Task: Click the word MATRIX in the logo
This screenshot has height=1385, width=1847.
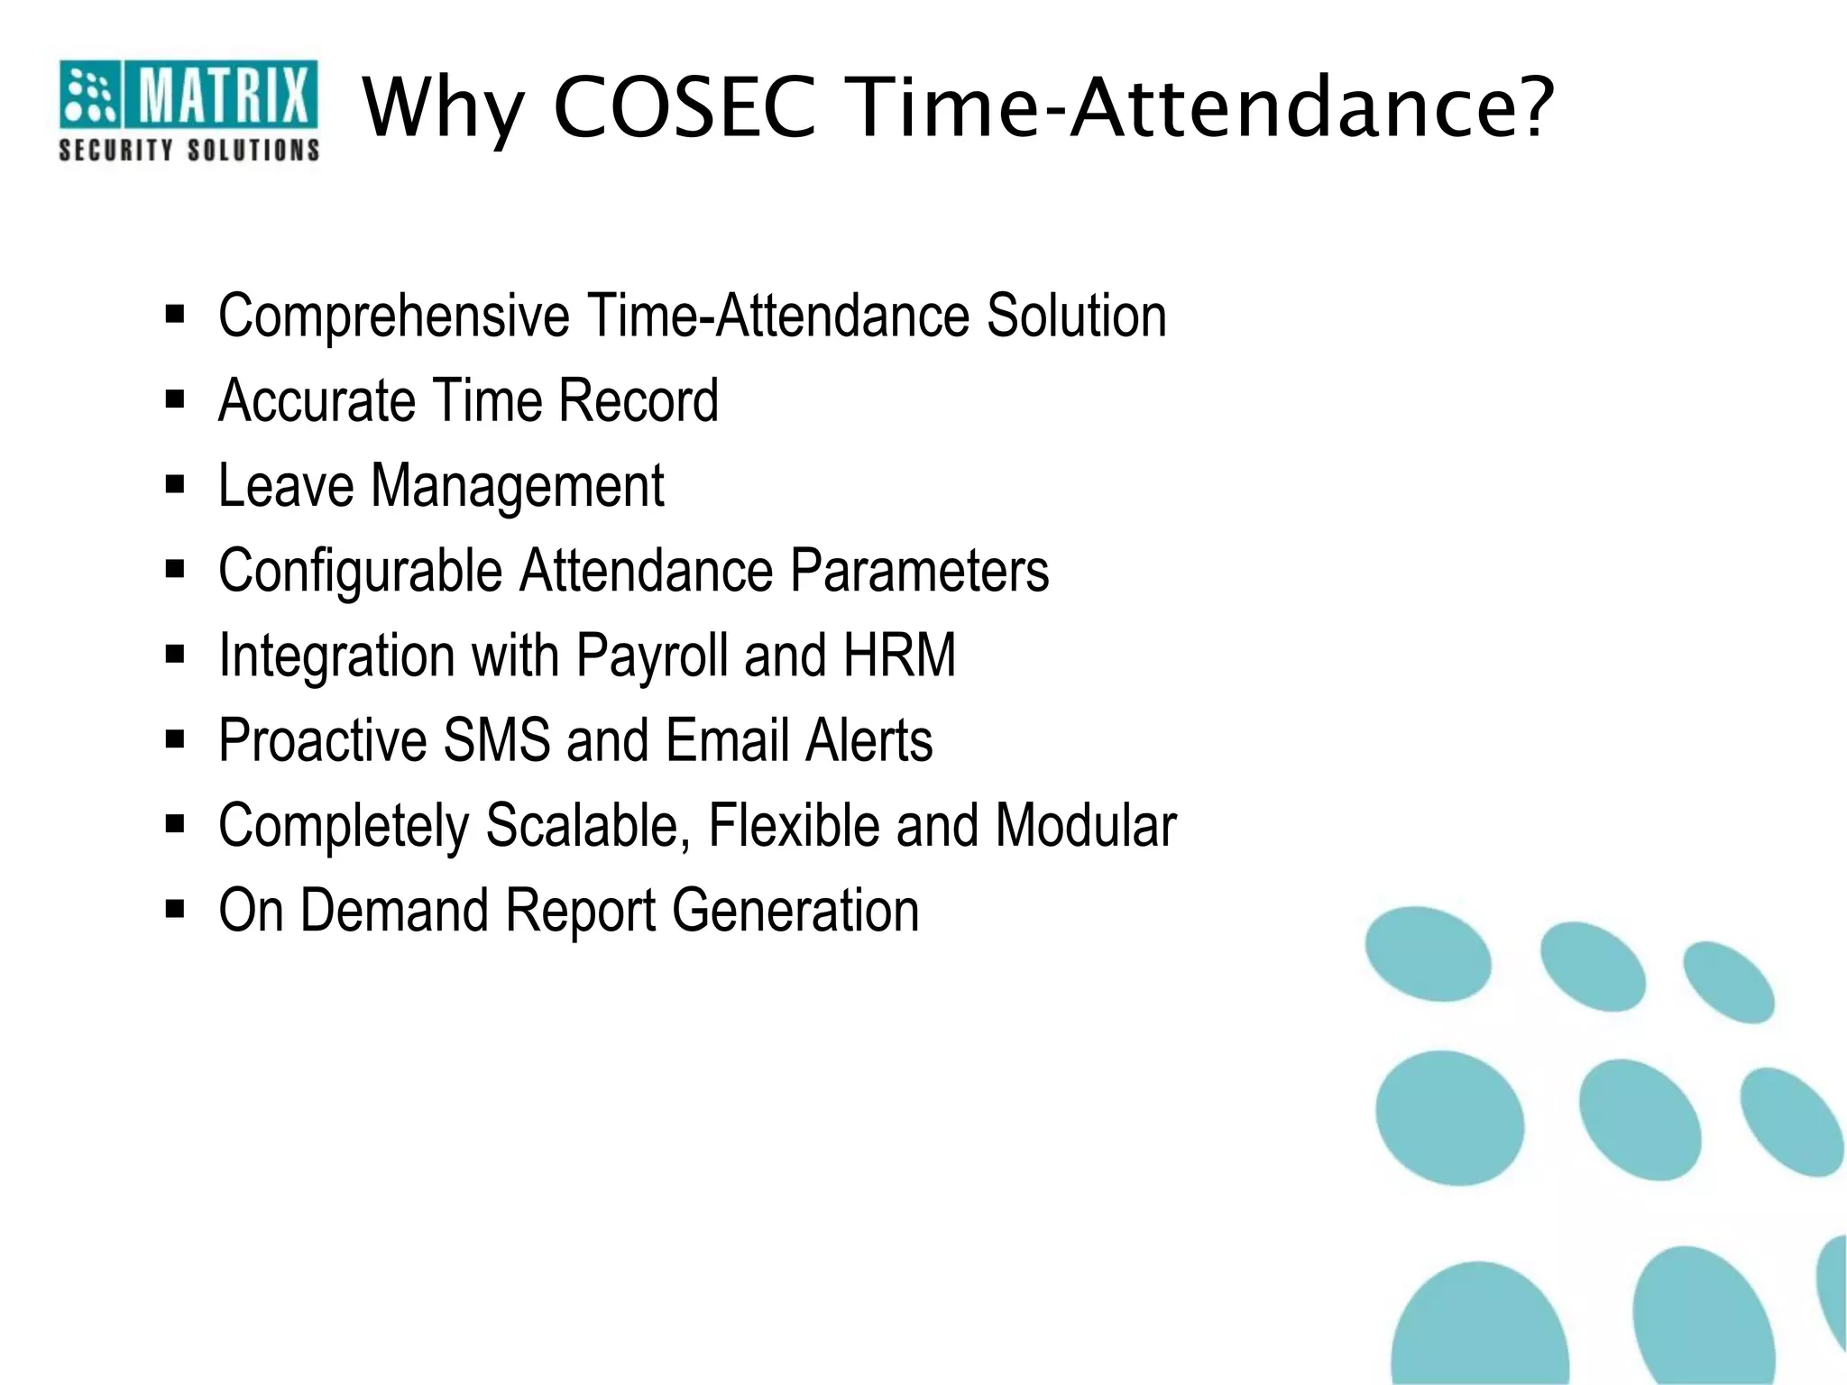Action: pos(222,96)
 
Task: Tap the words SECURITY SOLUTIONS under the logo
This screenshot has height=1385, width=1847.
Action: pos(188,150)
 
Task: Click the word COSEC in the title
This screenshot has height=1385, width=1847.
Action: pos(685,108)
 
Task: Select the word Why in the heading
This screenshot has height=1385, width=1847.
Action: pos(443,110)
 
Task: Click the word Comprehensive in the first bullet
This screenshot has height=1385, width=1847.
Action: pos(393,316)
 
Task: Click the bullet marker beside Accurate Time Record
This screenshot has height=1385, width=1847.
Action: pos(175,399)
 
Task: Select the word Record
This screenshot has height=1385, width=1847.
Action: pos(638,400)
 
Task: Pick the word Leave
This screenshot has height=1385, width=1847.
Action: pos(286,486)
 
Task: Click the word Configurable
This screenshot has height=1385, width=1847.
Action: pos(360,572)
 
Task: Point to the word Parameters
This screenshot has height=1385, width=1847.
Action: pos(919,571)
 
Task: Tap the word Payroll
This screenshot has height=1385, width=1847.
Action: pos(651,656)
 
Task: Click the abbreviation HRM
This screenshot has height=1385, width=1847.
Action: pos(898,656)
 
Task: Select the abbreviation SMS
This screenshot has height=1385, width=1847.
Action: pos(496,740)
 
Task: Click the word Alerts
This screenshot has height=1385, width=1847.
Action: pos(868,740)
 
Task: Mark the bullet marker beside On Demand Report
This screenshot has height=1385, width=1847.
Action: pos(175,909)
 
